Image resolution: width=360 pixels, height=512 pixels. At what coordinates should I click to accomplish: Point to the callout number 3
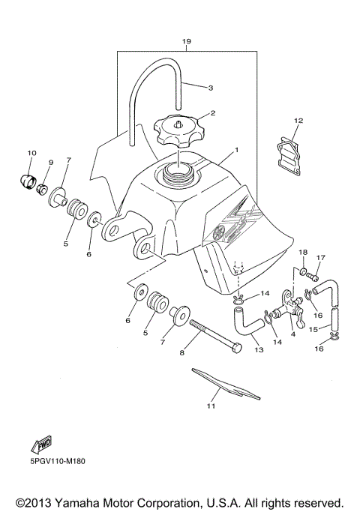[211, 88]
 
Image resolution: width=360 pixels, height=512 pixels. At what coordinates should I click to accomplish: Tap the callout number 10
[31, 153]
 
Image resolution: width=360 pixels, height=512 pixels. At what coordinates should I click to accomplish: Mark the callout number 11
[211, 406]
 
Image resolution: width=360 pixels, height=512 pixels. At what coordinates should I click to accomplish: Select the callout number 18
[303, 252]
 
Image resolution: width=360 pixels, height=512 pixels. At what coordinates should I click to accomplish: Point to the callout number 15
[313, 330]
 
